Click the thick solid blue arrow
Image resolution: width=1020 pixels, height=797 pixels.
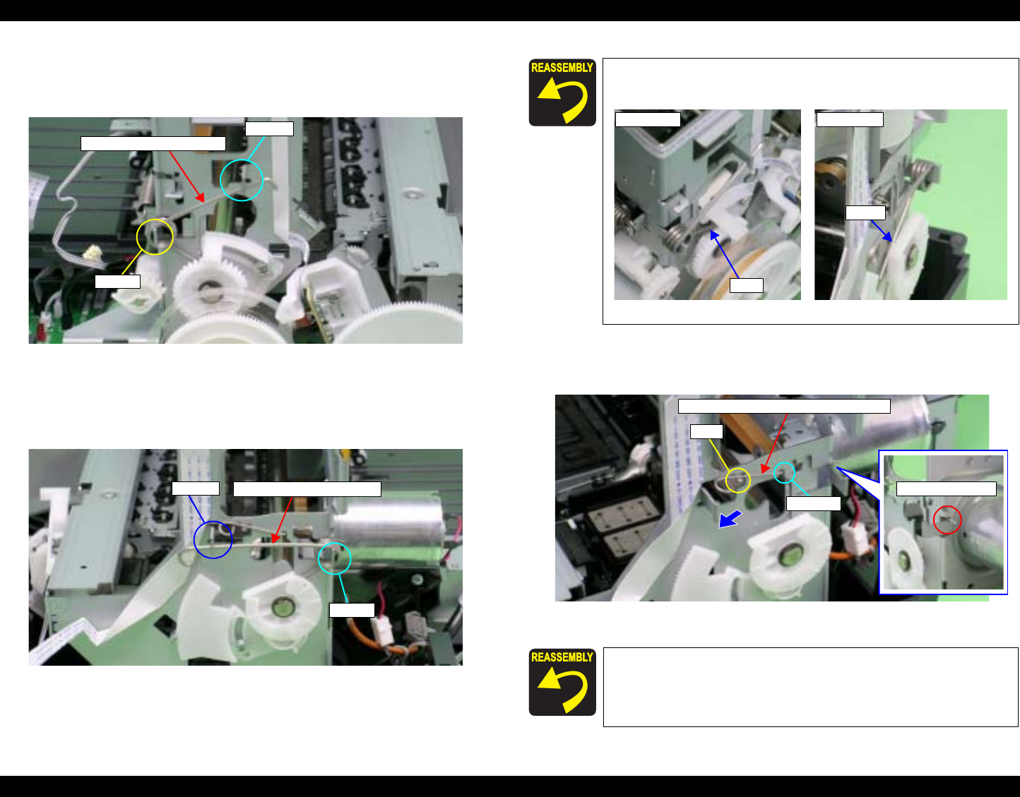click(730, 520)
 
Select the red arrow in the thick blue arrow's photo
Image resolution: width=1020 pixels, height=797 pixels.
click(774, 443)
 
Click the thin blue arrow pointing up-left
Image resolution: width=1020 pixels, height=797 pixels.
click(723, 253)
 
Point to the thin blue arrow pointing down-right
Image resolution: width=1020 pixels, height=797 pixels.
click(881, 231)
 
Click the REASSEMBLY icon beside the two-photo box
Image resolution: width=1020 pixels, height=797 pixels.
click(562, 92)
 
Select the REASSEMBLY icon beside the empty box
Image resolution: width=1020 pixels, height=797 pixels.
click(562, 682)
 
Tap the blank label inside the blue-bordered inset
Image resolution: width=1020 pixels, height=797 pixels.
click(947, 489)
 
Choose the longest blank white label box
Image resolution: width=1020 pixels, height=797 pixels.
click(784, 406)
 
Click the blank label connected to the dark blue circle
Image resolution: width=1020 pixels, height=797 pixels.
click(195, 489)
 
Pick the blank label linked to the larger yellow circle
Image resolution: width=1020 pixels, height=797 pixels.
click(117, 282)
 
